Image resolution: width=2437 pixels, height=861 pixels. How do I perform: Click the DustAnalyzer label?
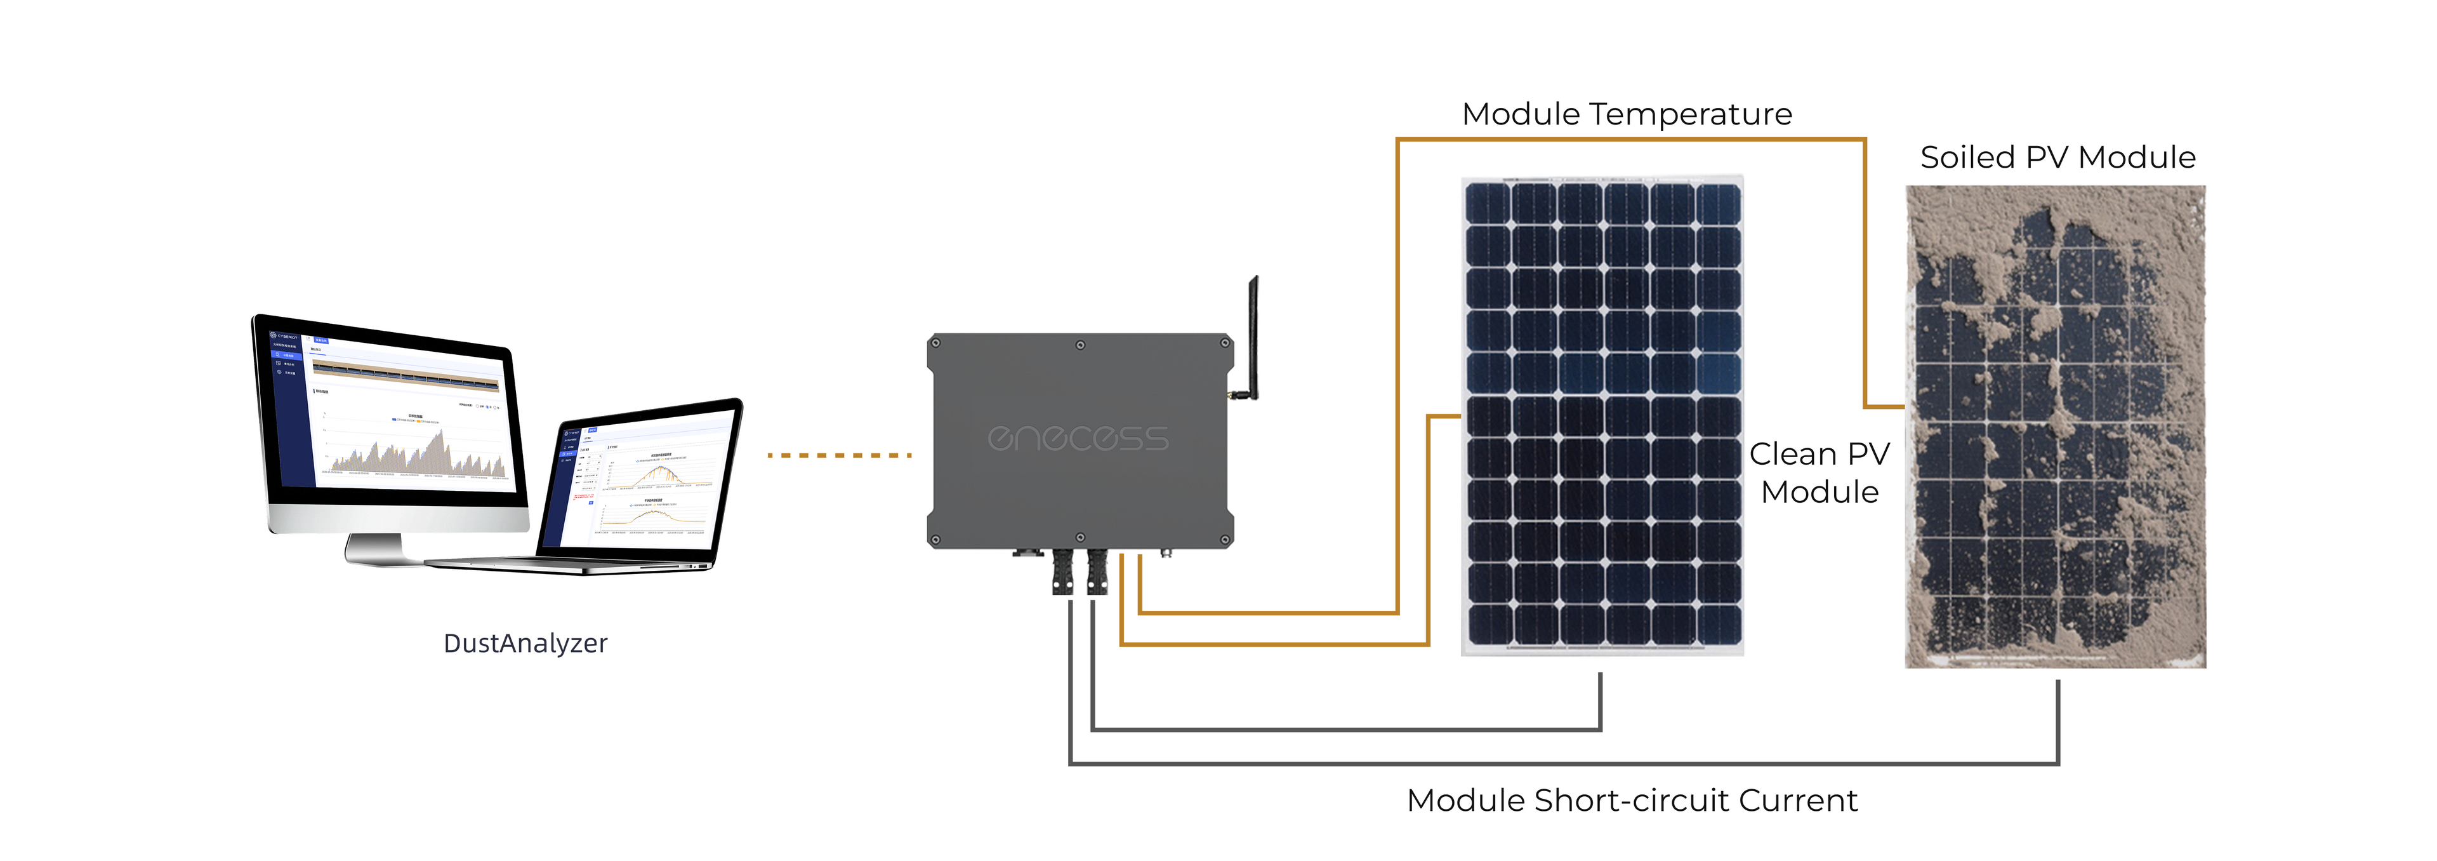[x=525, y=643]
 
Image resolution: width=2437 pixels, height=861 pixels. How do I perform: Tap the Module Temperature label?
[x=1626, y=114]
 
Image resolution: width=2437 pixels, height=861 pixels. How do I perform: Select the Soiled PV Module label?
[x=2057, y=157]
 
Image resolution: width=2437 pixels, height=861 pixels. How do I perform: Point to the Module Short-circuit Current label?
[x=1632, y=801]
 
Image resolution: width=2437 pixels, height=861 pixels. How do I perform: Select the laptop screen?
[x=647, y=478]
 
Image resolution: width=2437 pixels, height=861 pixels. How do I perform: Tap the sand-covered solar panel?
[x=2055, y=426]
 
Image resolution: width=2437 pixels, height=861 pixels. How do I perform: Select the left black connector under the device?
[x=1062, y=573]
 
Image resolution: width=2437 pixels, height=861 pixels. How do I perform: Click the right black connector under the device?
[x=1097, y=573]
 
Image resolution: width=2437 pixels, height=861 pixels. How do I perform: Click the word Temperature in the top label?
[x=1691, y=114]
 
